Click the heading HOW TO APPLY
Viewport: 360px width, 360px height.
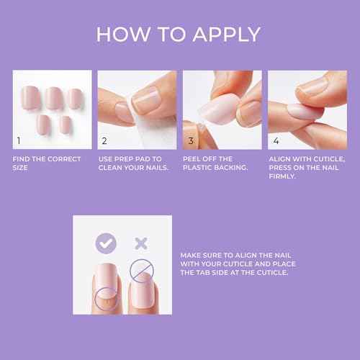coord(179,34)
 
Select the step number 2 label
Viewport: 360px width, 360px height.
coord(104,140)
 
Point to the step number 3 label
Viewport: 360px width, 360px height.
coord(191,140)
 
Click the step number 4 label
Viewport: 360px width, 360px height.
coord(276,140)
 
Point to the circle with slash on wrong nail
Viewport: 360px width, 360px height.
coord(141,273)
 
